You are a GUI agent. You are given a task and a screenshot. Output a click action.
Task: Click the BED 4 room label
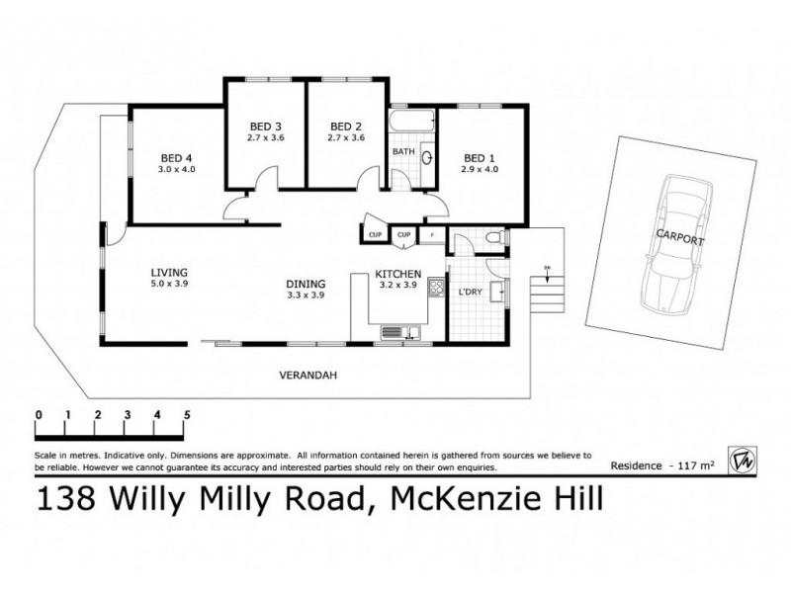tap(177, 157)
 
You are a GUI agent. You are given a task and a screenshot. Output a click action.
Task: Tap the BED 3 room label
tap(265, 126)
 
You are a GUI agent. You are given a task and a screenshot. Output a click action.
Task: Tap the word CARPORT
tap(679, 240)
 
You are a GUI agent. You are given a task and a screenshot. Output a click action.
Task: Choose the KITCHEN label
tap(397, 274)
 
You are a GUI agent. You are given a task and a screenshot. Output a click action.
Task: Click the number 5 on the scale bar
tap(186, 414)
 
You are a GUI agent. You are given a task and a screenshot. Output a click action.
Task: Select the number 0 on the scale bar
tap(38, 414)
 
